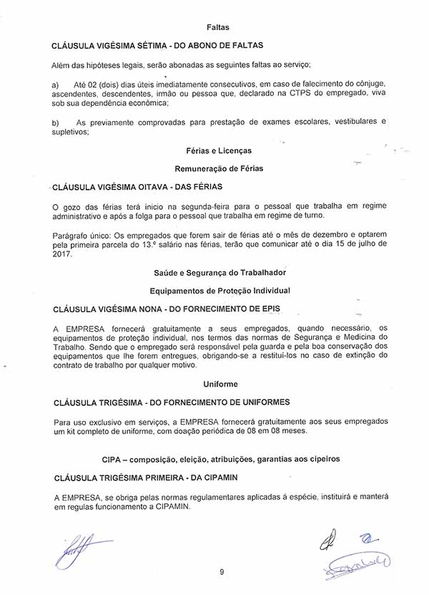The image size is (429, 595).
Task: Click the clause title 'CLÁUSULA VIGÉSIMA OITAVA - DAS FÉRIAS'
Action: click(x=138, y=187)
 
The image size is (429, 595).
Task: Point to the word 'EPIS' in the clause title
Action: click(x=266, y=309)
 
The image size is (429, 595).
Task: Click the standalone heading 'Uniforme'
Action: click(x=220, y=384)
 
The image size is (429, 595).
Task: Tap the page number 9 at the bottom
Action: click(x=222, y=571)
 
